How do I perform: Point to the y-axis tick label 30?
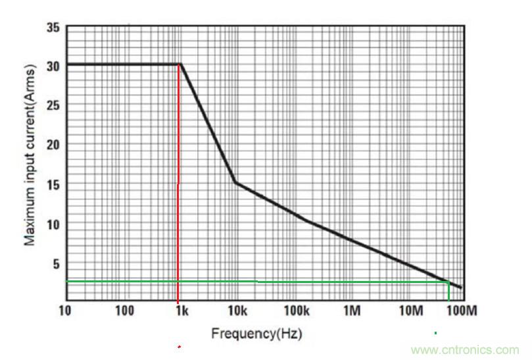[53, 66]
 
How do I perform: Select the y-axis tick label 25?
[53, 106]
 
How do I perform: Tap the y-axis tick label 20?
[53, 145]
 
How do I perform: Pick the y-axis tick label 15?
[53, 185]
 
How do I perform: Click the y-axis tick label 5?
[56, 264]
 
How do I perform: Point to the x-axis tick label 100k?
[297, 310]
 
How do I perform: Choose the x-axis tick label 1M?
[352, 310]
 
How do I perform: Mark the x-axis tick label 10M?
[410, 310]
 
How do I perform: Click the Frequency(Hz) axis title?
[256, 334]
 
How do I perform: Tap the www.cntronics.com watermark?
[464, 350]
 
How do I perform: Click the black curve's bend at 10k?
[235, 182]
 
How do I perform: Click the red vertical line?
[178, 197]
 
